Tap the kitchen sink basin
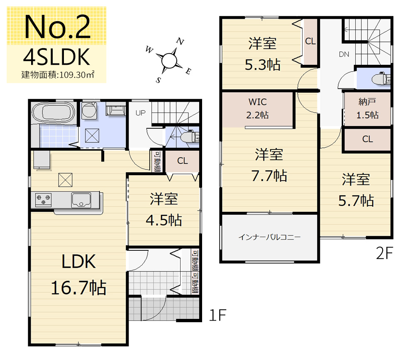(81, 200)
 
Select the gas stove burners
(43, 199)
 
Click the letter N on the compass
(180, 42)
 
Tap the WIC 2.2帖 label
(258, 108)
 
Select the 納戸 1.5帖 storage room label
(367, 108)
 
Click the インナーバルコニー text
(269, 237)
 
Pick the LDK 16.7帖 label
(78, 274)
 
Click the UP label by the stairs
(141, 113)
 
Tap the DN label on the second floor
(344, 54)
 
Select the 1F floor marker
(217, 315)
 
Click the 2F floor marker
(385, 253)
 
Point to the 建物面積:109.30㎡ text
(58, 75)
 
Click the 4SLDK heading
(56, 57)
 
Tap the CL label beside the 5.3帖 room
(310, 41)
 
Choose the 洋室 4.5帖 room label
(164, 209)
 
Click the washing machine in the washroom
(89, 110)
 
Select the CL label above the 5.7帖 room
(368, 139)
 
